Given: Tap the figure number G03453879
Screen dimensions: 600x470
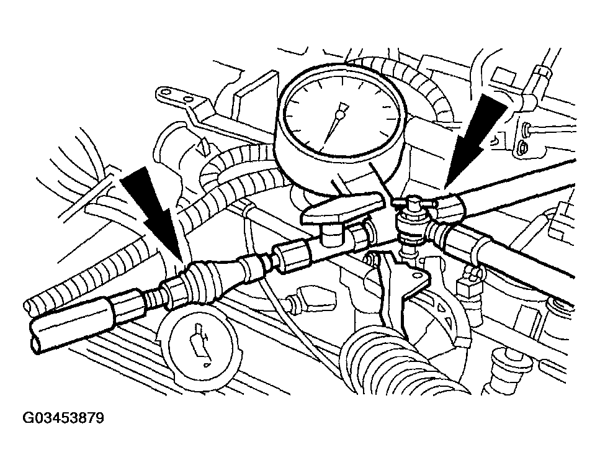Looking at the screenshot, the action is click(63, 418).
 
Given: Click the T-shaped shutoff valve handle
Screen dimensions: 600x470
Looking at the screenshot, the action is click(342, 210).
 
